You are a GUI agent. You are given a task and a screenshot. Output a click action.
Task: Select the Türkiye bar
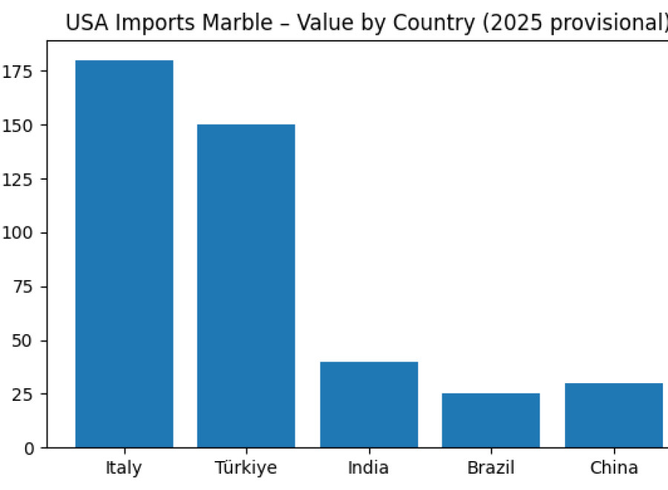[x=246, y=286]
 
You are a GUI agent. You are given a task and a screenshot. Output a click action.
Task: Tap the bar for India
[x=369, y=405]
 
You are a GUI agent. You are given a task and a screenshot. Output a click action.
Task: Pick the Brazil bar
[x=491, y=420]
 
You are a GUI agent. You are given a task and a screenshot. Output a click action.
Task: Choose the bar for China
[x=614, y=415]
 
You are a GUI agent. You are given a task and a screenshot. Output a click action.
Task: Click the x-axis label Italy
[x=124, y=468]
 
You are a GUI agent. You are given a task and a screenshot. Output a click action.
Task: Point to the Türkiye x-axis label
[x=246, y=468]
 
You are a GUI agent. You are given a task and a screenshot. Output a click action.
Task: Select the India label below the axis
[x=369, y=468]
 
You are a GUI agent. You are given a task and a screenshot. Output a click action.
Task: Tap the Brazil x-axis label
[x=491, y=468]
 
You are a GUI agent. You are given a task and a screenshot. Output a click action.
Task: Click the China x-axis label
[x=614, y=468]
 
